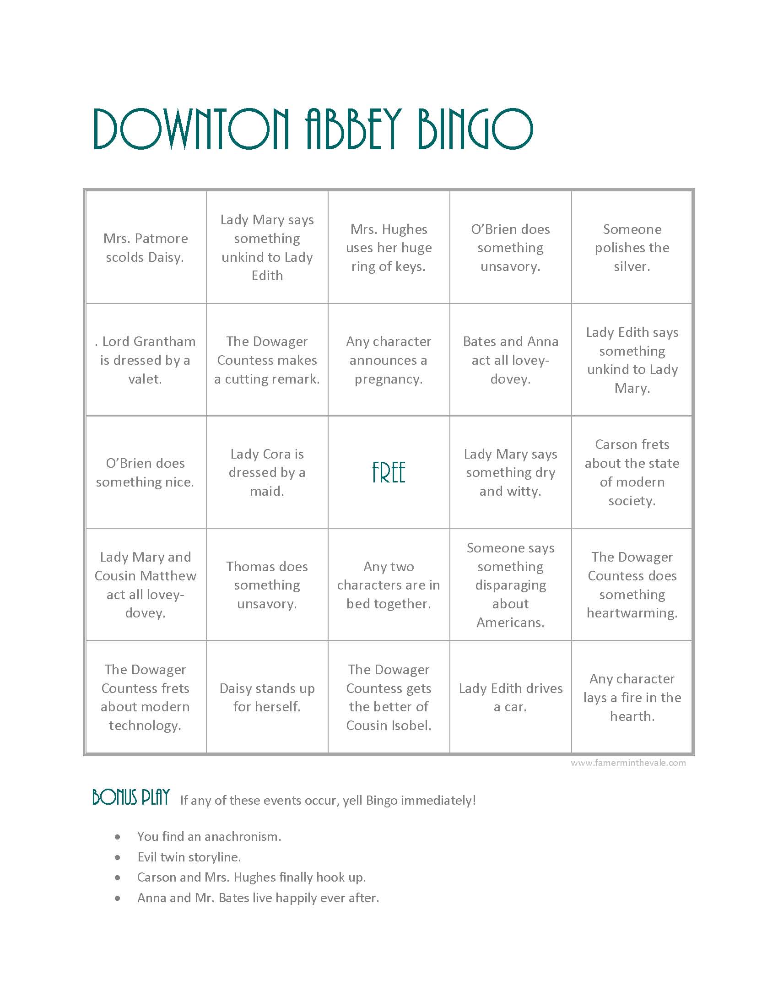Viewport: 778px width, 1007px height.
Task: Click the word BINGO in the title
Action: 475,129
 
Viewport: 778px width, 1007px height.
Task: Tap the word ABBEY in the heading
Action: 353,129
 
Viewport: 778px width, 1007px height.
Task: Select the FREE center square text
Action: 389,473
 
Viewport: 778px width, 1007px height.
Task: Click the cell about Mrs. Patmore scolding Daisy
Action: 145,248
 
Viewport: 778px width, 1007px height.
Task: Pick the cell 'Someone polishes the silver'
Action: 632,248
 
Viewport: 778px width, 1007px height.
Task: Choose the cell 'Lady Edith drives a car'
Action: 510,697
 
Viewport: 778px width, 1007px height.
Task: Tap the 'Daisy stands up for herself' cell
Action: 267,697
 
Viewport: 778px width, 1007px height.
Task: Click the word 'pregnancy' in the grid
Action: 388,379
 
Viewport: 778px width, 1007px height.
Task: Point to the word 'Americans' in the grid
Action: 510,623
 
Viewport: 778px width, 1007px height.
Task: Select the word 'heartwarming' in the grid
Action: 632,613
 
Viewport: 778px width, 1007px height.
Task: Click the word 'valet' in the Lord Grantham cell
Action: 145,379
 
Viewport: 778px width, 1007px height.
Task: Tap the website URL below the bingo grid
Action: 628,763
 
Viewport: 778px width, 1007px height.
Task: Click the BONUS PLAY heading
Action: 131,797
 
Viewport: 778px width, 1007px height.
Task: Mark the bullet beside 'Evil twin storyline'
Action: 118,857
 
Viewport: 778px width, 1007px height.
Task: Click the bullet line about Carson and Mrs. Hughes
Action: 251,877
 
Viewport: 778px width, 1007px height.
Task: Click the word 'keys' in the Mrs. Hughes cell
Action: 410,266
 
